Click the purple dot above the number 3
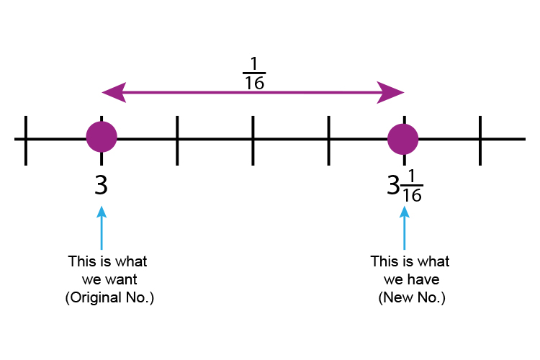click(x=102, y=138)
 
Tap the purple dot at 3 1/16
click(x=403, y=138)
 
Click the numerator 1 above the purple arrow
click(x=253, y=63)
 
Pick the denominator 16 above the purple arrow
click(x=253, y=84)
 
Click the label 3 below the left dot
click(x=102, y=185)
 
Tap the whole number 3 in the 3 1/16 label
click(x=393, y=186)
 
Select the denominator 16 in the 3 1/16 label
click(x=413, y=196)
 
